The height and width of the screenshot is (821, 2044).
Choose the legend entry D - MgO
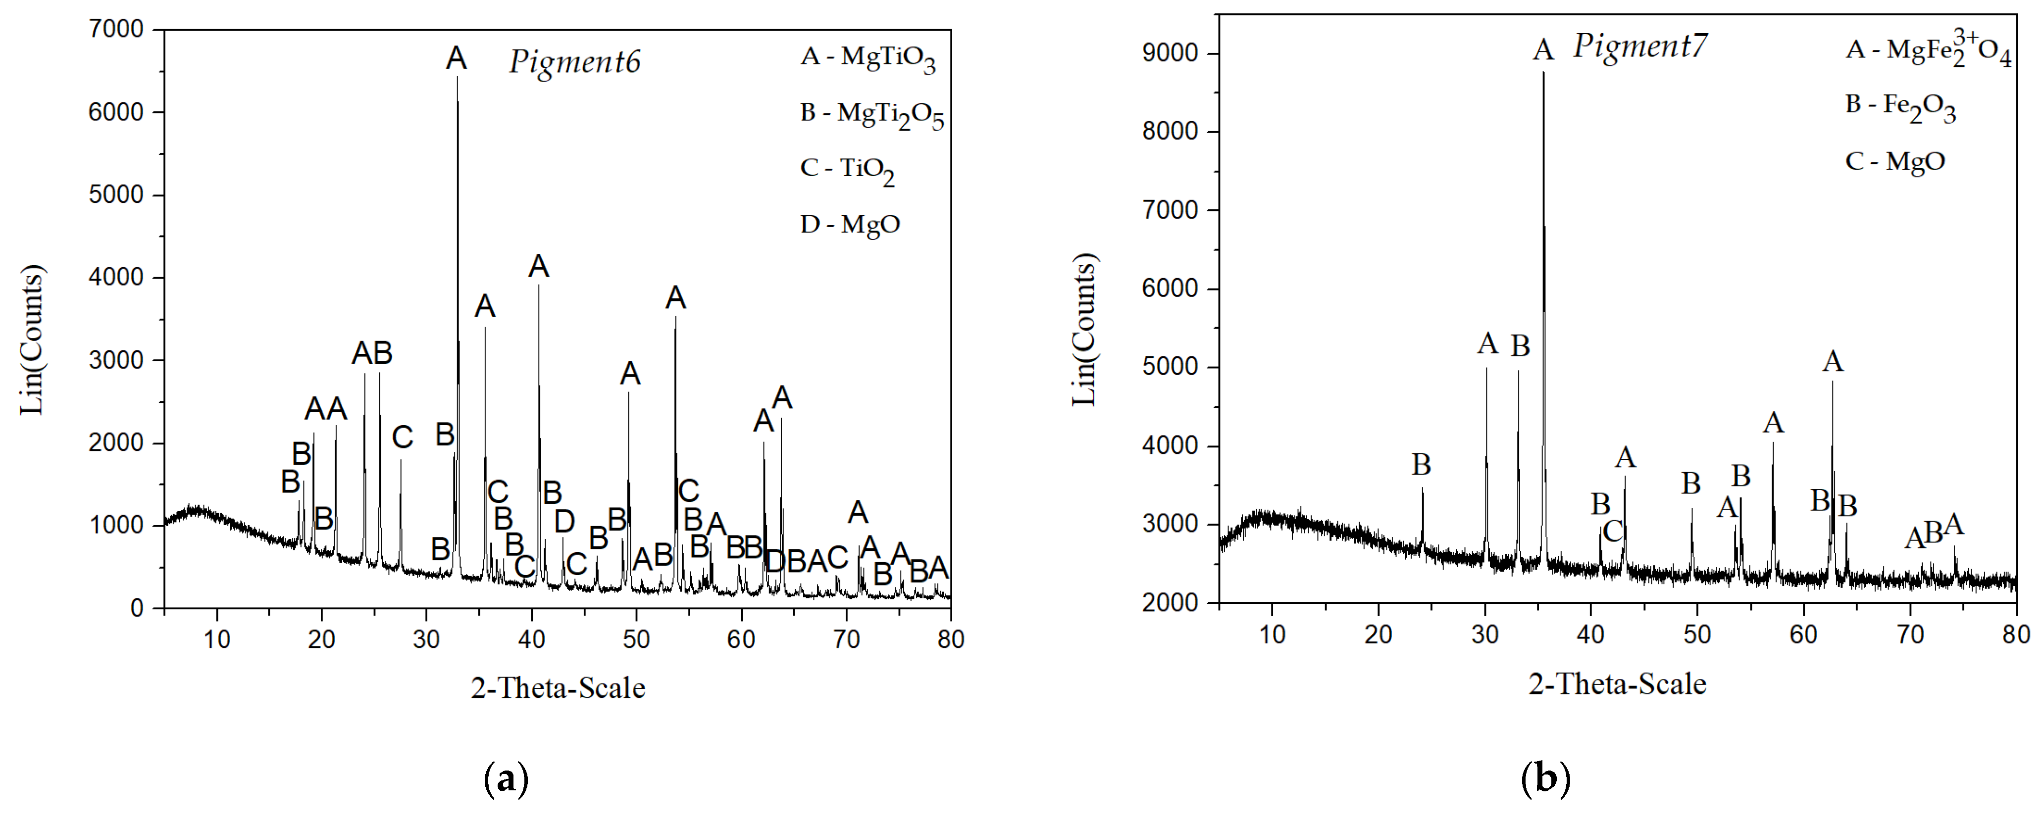tap(850, 225)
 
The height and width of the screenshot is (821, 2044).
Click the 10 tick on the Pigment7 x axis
tap(1272, 634)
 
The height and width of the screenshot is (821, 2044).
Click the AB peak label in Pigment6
tap(372, 353)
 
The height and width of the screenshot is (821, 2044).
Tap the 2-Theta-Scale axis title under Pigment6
tap(558, 688)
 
